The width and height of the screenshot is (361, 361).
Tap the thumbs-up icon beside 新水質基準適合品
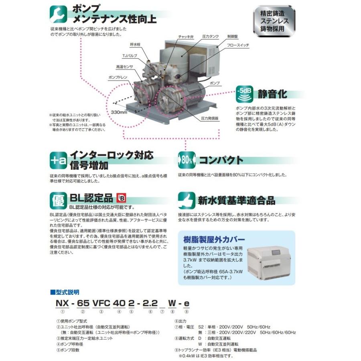point(186,199)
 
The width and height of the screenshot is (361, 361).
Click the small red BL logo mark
point(121,198)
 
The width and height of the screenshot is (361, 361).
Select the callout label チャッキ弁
point(186,37)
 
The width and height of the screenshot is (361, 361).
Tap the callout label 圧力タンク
point(211,37)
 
